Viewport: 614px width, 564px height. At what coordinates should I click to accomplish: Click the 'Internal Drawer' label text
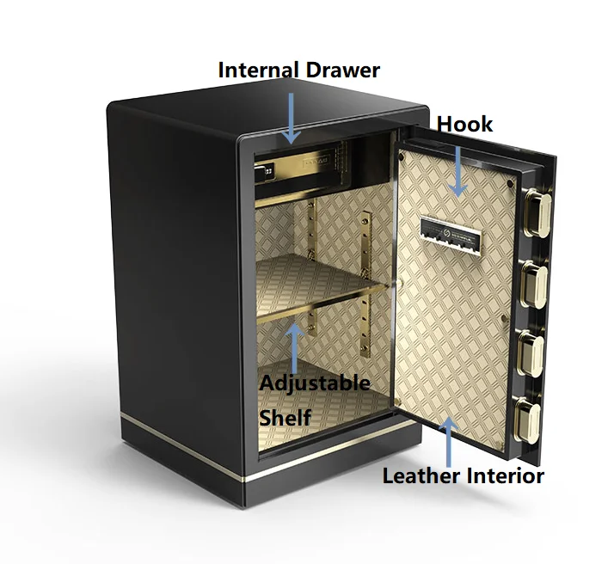point(298,70)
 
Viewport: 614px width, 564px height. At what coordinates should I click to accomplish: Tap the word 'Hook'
point(464,125)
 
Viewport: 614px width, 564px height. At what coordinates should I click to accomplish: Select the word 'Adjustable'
point(315,383)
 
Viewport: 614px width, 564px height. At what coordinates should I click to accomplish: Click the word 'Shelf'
point(286,417)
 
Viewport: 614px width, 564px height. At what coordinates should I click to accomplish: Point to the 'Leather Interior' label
point(463,475)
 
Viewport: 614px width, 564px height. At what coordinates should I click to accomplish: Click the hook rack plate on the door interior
point(451,231)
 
